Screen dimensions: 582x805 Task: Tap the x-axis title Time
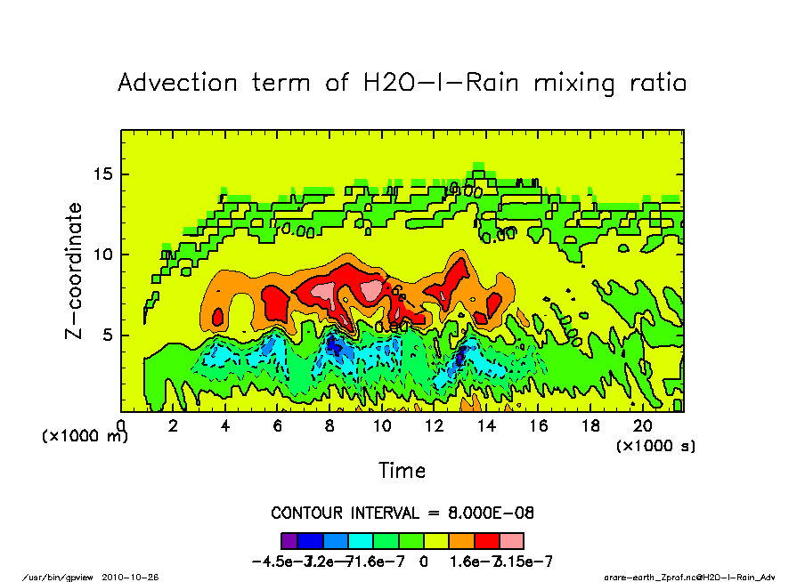(402, 470)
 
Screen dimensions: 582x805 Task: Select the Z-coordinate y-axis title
(74, 271)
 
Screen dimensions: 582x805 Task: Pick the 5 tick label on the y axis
(110, 335)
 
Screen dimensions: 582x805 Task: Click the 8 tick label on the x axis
(329, 426)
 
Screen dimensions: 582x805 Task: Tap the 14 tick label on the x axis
(486, 426)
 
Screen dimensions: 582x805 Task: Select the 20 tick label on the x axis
(642, 426)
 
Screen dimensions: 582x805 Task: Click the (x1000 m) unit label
(85, 436)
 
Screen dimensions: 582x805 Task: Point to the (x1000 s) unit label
(656, 444)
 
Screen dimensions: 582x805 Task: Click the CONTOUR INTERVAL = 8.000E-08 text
(402, 513)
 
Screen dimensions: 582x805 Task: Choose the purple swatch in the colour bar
(289, 540)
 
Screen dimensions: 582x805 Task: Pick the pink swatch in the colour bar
(513, 540)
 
